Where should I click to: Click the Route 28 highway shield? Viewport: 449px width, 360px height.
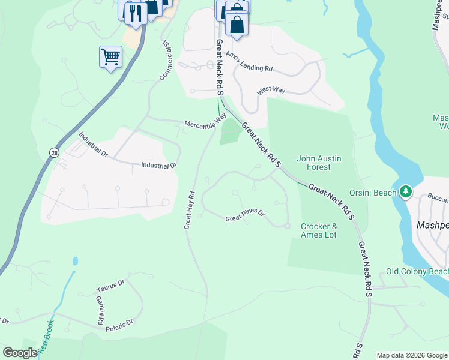(x=55, y=153)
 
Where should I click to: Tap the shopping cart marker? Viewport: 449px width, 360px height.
(x=110, y=58)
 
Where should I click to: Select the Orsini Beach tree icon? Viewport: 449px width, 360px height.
(x=406, y=192)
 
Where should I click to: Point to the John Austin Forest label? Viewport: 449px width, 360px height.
(x=319, y=163)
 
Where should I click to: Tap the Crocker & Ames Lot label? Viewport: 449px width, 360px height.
(x=319, y=230)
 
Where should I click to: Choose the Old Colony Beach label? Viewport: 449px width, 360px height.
(x=417, y=272)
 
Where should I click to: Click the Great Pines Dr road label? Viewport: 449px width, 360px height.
(x=245, y=216)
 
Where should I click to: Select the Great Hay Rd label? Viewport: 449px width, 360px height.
(x=190, y=210)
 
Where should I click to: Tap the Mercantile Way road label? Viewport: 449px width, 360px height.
(x=205, y=121)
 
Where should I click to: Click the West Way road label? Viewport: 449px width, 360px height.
(x=271, y=91)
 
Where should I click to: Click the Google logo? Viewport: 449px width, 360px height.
(x=20, y=353)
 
